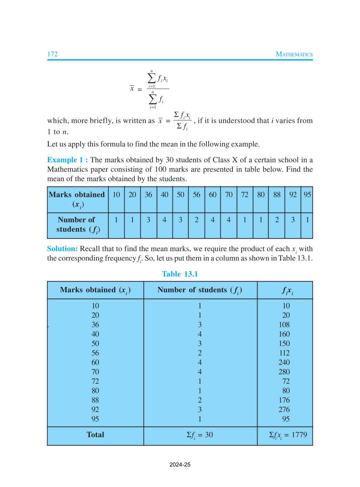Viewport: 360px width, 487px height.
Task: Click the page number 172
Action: tap(52, 54)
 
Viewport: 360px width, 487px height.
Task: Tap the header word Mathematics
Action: tap(294, 54)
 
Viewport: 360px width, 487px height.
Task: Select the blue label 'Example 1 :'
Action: tap(67, 160)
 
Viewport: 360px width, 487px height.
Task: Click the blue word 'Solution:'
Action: tap(62, 249)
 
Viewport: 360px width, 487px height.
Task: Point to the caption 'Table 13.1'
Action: tap(180, 274)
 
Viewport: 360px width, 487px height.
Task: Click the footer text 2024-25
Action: tap(180, 464)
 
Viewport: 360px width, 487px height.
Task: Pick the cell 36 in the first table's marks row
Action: tap(148, 195)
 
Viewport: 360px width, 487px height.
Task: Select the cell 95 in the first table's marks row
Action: tap(307, 195)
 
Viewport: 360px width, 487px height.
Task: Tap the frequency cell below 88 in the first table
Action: tap(277, 220)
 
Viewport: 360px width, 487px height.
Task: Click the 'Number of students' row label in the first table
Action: tap(77, 225)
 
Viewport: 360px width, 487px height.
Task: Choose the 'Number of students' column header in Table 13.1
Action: tap(200, 290)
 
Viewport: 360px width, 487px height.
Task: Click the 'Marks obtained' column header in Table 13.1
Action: tap(95, 290)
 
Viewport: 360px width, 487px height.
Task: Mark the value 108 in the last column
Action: tap(284, 324)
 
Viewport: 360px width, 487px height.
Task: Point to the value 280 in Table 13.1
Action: tap(284, 372)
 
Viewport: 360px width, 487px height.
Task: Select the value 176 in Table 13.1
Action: tap(284, 400)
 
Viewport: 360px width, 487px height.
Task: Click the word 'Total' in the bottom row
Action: tap(95, 435)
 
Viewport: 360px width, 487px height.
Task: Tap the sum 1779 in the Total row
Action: tap(299, 435)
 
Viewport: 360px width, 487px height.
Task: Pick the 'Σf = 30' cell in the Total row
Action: tap(200, 435)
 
